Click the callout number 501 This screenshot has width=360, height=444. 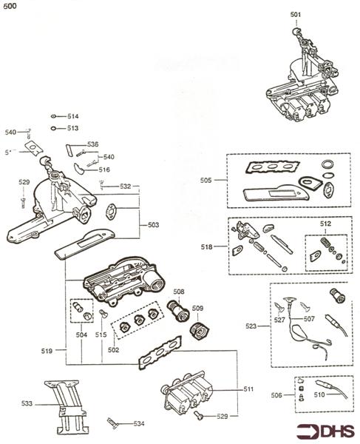tap(296, 14)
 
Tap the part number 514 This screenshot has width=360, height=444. tap(72, 117)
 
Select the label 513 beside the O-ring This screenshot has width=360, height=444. tap(72, 128)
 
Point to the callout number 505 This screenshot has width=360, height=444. tap(206, 180)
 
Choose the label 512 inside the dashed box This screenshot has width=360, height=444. tap(325, 223)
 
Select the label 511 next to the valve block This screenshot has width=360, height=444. tap(248, 388)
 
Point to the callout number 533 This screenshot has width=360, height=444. tap(27, 403)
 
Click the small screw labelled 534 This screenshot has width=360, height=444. tap(113, 423)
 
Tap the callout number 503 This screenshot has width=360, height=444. tap(153, 223)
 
